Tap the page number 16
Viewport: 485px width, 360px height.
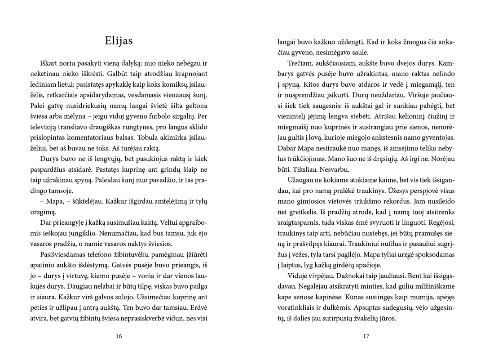click(x=119, y=336)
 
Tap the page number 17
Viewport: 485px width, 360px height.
click(x=366, y=336)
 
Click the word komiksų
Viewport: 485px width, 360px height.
click(x=167, y=84)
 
